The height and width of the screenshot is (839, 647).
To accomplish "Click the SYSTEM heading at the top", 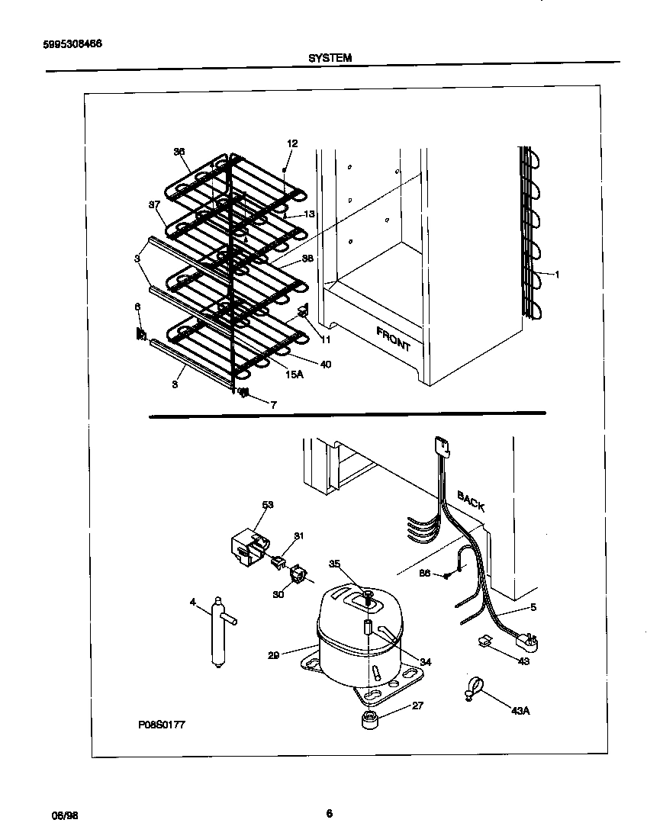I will pyautogui.click(x=330, y=57).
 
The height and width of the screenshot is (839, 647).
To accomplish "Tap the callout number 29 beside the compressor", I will pyautogui.click(x=273, y=655).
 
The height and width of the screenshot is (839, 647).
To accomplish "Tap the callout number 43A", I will pyautogui.click(x=520, y=711).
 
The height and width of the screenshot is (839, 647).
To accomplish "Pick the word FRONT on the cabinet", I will pyautogui.click(x=394, y=339).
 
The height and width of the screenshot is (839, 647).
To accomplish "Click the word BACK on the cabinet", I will pyautogui.click(x=470, y=502).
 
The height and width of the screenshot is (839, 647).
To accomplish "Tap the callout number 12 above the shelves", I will pyautogui.click(x=292, y=143).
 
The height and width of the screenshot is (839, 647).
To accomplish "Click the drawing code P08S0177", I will pyautogui.click(x=161, y=725).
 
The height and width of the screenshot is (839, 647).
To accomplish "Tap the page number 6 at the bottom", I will pyautogui.click(x=329, y=813).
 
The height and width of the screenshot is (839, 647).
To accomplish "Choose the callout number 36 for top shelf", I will pyautogui.click(x=179, y=152).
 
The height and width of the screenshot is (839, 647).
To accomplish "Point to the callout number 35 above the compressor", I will pyautogui.click(x=334, y=564).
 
